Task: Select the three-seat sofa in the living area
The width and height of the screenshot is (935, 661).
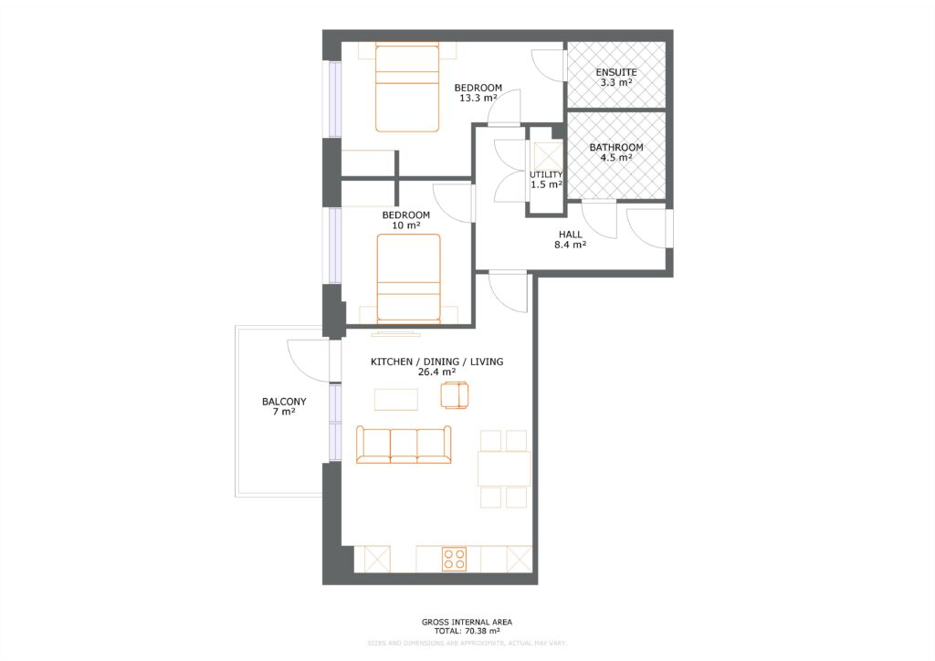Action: click(x=404, y=445)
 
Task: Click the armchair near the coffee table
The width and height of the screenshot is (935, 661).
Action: click(x=454, y=395)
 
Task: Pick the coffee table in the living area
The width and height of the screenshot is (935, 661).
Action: click(x=396, y=399)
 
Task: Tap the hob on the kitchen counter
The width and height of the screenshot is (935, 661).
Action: click(x=454, y=559)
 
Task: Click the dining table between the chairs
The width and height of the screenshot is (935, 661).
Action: click(x=504, y=468)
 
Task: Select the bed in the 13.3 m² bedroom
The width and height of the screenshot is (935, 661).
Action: click(x=407, y=88)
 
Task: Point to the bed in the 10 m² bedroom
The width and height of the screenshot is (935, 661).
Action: click(x=408, y=277)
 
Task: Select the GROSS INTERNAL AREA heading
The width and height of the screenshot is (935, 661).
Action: click(x=467, y=622)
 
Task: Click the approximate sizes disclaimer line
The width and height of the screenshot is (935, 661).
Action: click(x=467, y=644)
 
